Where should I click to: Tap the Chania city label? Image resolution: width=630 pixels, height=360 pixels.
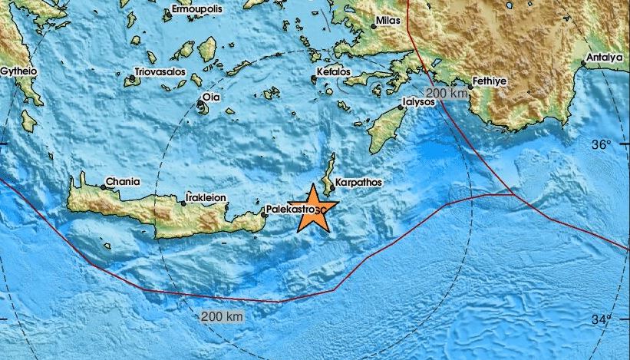click(x=124, y=182)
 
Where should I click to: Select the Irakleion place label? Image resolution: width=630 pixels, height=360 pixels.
click(x=206, y=198)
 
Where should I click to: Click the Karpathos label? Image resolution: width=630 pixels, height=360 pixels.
click(x=359, y=183)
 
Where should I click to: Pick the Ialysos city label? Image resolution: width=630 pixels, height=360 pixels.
click(x=420, y=101)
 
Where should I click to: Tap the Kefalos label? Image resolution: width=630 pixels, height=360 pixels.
click(x=333, y=72)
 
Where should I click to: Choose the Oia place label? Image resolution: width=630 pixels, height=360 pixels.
click(x=210, y=97)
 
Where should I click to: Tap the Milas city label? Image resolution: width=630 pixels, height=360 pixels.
click(x=389, y=22)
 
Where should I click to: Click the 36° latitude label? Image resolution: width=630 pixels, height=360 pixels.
click(x=602, y=144)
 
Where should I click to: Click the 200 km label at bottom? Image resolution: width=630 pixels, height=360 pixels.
click(x=222, y=316)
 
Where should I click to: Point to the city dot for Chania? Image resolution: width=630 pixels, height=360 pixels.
click(x=104, y=187)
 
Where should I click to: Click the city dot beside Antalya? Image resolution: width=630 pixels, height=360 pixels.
click(x=584, y=64)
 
